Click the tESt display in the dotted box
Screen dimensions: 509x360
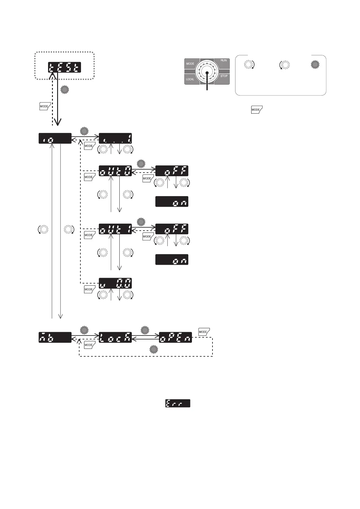65,67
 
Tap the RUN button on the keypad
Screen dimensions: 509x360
223,63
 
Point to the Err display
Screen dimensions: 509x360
178,403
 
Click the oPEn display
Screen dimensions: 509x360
175,337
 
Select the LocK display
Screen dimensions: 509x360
115,337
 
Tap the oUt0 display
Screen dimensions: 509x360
115,171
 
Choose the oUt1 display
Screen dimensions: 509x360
115,229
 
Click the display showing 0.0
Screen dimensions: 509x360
115,283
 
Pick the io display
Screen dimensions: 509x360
55,138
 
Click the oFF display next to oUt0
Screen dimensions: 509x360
172,171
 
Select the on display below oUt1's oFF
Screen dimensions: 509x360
172,260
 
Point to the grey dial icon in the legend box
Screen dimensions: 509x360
315,64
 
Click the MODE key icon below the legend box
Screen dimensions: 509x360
257,109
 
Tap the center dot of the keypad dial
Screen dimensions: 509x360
207,73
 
